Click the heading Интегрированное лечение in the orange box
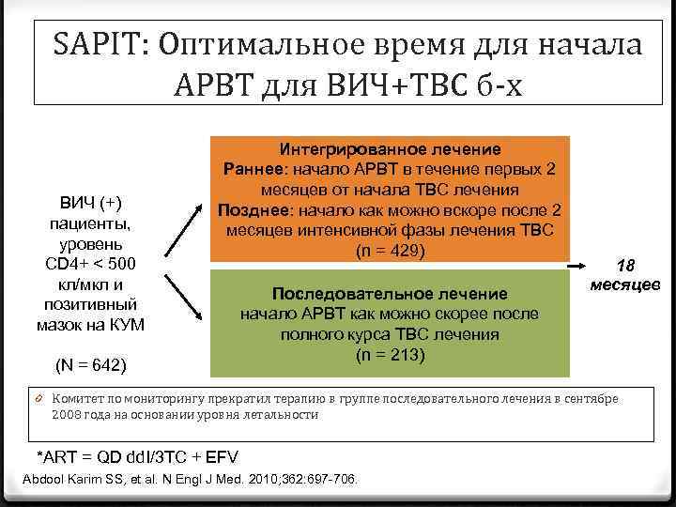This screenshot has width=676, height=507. (x=390, y=149)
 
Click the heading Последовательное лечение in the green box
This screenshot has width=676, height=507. (x=389, y=294)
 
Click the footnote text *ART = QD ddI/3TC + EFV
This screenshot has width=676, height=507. (x=136, y=457)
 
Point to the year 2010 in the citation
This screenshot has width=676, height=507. (x=257, y=480)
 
